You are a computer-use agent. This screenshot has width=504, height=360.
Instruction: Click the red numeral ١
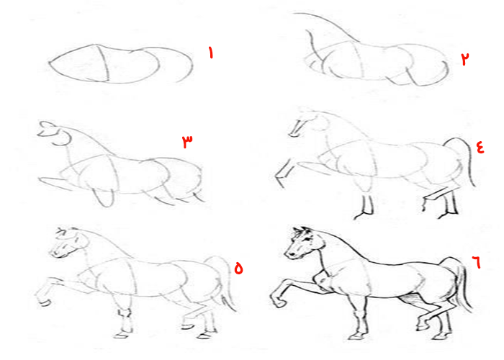click(211, 53)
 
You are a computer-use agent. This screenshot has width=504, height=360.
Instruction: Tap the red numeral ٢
click(465, 59)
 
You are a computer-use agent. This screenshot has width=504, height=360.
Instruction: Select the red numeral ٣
click(187, 141)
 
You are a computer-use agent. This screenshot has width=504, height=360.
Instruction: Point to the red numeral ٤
click(480, 148)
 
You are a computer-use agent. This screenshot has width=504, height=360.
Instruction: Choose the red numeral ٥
click(238, 268)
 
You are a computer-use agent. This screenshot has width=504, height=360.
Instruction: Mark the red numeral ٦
click(477, 261)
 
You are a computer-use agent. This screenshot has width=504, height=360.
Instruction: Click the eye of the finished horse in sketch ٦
click(308, 240)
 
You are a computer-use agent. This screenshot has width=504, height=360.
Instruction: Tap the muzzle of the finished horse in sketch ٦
click(291, 253)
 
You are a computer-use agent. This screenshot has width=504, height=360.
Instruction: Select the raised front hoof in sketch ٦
click(277, 301)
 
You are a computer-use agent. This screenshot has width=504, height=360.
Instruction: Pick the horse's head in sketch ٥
click(68, 243)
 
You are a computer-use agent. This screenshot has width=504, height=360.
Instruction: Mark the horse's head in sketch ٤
click(309, 122)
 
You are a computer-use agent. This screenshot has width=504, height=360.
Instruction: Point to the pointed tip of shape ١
click(50, 63)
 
